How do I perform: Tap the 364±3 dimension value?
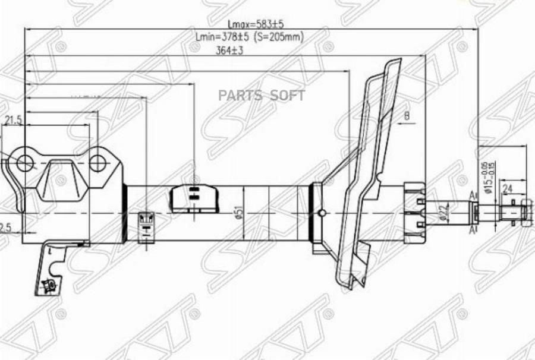[230, 50]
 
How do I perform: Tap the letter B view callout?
[407, 115]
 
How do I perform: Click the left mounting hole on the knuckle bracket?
[24, 162]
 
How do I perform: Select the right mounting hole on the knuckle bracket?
[98, 162]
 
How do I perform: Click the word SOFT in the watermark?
[288, 96]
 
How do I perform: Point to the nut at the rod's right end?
[525, 211]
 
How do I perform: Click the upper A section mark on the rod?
[473, 195]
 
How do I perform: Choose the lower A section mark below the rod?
[473, 229]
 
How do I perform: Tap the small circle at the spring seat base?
[322, 213]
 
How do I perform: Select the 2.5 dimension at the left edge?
[5, 228]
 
